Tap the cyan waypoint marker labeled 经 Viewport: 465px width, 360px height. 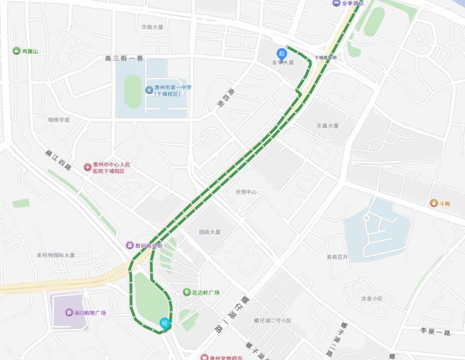click(x=165, y=323)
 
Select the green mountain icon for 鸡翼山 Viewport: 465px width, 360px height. click(x=17, y=51)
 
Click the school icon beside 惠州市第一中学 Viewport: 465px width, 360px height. click(x=149, y=90)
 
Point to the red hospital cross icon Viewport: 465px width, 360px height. click(x=87, y=168)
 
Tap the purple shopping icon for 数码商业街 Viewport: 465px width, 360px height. click(x=130, y=245)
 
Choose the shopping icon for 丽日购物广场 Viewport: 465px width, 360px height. click(x=69, y=312)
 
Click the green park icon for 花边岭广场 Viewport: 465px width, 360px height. click(x=186, y=292)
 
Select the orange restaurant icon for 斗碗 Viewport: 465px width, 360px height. click(x=434, y=203)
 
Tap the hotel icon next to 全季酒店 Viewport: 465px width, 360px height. click(x=336, y=3)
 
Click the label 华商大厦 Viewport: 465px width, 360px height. click(x=152, y=27)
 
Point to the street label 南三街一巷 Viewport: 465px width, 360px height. click(x=124, y=58)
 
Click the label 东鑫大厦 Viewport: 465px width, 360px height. click(x=328, y=125)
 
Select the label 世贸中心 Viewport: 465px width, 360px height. click(x=246, y=192)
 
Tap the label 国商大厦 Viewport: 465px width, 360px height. click(x=210, y=232)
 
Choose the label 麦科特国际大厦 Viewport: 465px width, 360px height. click(x=56, y=255)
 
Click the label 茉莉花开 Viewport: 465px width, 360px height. click(x=337, y=257)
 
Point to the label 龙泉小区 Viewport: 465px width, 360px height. click(x=372, y=299)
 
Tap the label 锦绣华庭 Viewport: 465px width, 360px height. click(x=59, y=120)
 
